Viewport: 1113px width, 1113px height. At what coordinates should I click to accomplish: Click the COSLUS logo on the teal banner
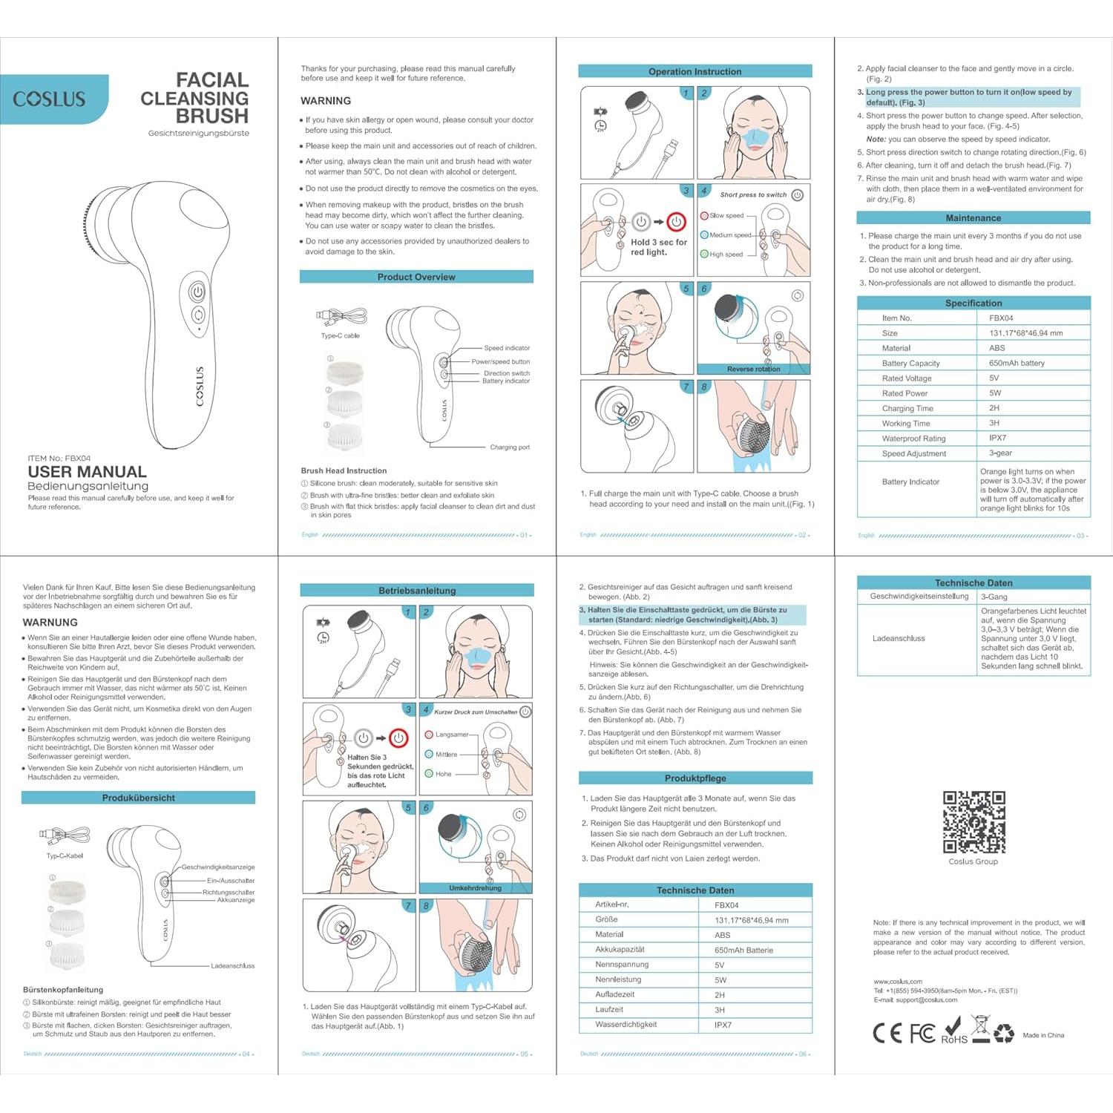tap(49, 99)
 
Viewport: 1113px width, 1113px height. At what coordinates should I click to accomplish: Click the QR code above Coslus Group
tap(974, 822)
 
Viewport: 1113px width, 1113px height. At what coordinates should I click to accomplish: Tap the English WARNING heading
tap(326, 101)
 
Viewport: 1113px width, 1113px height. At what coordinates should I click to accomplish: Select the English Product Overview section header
tap(416, 277)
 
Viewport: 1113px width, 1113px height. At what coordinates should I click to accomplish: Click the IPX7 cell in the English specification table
tap(997, 438)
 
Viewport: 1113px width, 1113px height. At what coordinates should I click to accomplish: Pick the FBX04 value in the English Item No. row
tap(1001, 318)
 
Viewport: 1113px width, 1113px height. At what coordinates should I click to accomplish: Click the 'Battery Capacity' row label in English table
tap(910, 364)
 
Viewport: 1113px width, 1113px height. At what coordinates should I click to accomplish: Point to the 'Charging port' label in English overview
tap(510, 447)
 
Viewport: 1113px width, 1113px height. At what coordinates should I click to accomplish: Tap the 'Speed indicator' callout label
tap(507, 348)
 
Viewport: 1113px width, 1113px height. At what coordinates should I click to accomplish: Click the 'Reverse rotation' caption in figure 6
tap(753, 369)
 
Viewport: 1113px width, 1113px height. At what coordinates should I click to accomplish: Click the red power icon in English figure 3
tap(676, 221)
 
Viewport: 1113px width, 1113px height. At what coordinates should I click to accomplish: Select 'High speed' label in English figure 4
tap(726, 255)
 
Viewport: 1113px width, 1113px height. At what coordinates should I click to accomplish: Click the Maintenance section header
tap(973, 218)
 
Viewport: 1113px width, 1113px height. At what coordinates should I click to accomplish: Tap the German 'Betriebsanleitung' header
tap(417, 591)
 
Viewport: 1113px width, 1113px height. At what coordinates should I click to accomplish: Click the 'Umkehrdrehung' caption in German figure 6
tap(475, 888)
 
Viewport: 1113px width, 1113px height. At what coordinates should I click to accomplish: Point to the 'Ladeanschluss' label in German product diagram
tap(232, 966)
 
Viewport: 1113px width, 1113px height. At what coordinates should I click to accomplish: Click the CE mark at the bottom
tap(887, 1033)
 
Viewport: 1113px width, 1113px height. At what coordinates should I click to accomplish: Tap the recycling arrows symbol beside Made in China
tap(1003, 1033)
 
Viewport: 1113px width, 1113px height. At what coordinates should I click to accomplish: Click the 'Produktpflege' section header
tap(695, 778)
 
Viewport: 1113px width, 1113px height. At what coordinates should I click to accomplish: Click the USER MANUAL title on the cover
tap(87, 472)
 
